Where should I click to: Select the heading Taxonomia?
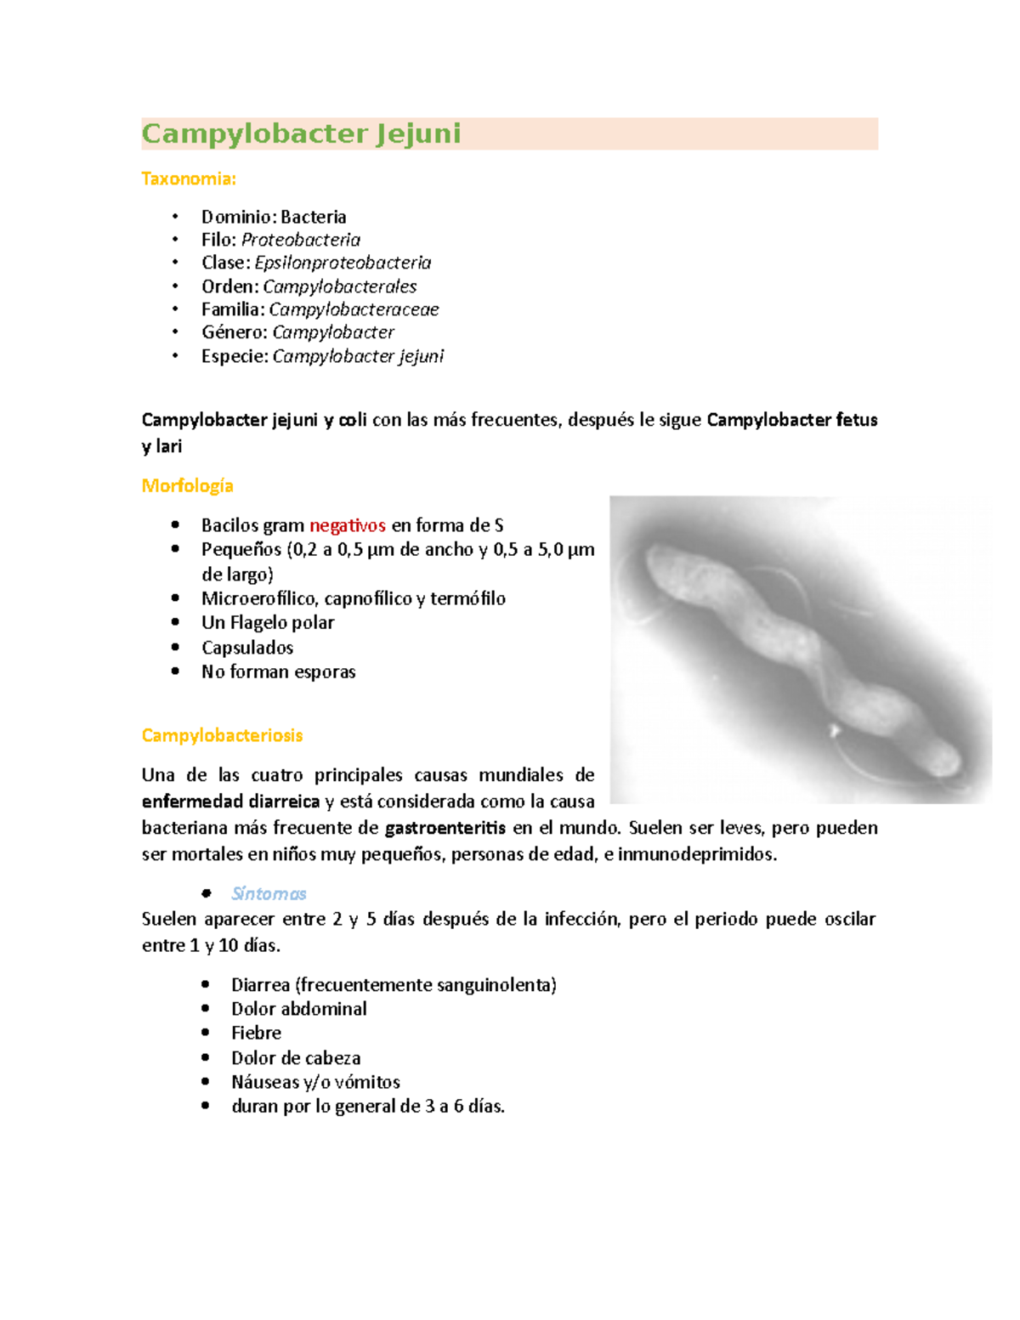tap(189, 178)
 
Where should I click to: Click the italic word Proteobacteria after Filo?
tap(301, 240)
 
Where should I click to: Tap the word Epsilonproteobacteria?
tap(343, 263)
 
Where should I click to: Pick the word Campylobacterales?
tap(339, 286)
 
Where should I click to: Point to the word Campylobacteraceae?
tap(354, 309)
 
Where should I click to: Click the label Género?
tap(235, 332)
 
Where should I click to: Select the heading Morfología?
tap(187, 485)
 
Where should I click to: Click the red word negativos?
tap(348, 525)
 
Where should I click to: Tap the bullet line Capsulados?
tap(247, 648)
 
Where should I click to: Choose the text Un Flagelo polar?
tap(268, 622)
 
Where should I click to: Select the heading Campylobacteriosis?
tap(222, 735)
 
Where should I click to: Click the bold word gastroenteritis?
tap(445, 828)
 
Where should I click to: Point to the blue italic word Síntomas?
tap(269, 893)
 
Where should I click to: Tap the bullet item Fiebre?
tap(256, 1033)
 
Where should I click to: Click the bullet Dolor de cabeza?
tap(296, 1058)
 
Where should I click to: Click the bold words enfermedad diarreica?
tap(230, 802)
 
